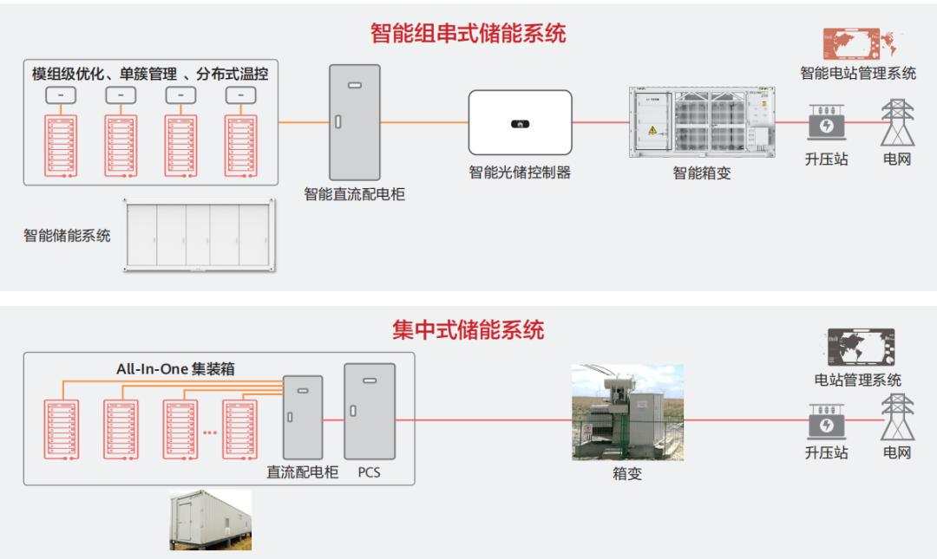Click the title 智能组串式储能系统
tap(468, 34)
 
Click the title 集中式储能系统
tap(468, 330)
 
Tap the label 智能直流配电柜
tap(354, 194)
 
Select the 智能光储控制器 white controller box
tap(520, 122)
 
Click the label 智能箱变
tap(702, 173)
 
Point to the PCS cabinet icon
tap(369, 411)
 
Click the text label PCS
tap(369, 473)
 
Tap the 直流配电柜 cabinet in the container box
tap(303, 417)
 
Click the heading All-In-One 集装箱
tap(175, 368)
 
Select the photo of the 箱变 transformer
tap(626, 412)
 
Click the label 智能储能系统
tap(67, 236)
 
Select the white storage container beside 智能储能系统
tap(199, 234)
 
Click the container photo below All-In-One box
tap(210, 520)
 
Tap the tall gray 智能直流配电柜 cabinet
tap(354, 122)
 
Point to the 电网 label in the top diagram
tap(897, 159)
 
